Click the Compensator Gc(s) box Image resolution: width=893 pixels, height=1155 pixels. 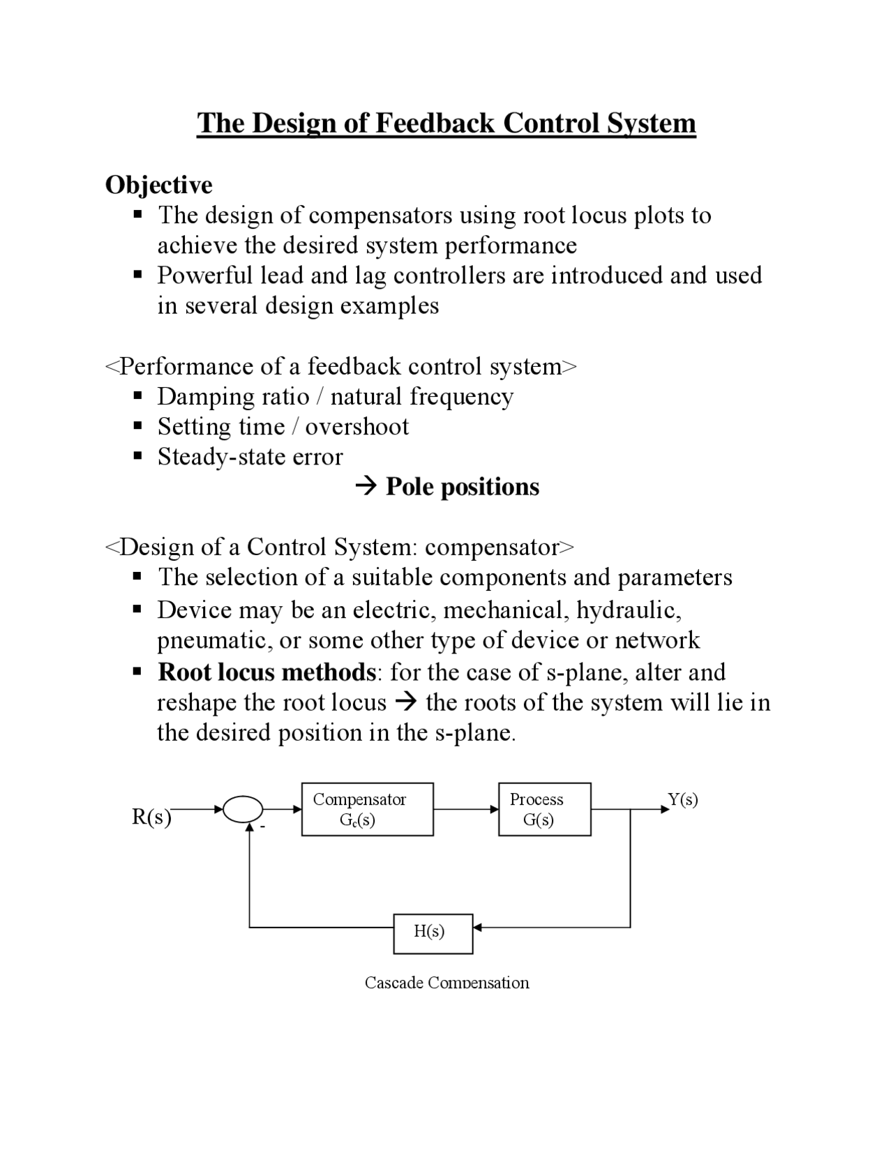tap(367, 809)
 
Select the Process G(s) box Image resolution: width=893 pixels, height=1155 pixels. tap(544, 809)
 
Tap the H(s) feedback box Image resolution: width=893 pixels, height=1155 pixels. tap(433, 933)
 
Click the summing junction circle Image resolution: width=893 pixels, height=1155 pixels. tap(243, 810)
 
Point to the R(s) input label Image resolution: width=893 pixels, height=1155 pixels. tap(151, 817)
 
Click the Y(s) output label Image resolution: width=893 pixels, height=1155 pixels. tap(683, 799)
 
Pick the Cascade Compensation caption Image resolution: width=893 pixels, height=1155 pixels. tap(446, 983)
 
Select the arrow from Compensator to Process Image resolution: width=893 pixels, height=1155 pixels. tap(465, 809)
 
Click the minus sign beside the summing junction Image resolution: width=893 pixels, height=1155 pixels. tap(263, 828)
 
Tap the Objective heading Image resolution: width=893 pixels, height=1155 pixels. tap(158, 185)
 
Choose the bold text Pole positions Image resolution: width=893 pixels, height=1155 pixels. tap(462, 487)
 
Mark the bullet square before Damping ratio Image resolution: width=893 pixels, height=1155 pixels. tap(138, 397)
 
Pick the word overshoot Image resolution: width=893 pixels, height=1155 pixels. tap(357, 427)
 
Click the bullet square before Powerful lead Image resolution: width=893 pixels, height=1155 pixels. tap(138, 275)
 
